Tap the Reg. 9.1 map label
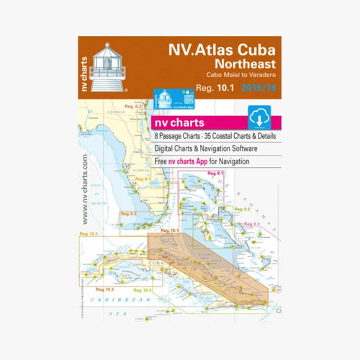(216, 174)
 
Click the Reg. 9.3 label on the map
(251, 225)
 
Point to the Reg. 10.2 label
(89, 235)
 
